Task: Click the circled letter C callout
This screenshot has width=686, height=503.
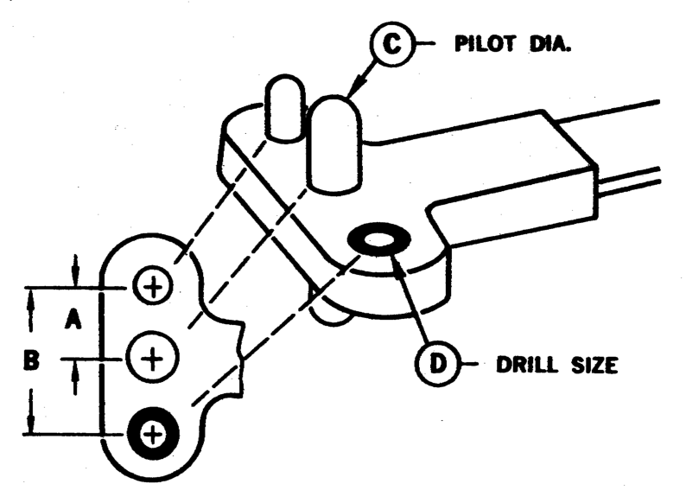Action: click(x=391, y=44)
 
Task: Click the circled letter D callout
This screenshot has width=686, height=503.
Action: click(x=437, y=364)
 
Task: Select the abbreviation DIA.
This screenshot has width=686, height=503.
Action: click(x=550, y=44)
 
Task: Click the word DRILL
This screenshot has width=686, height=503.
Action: click(x=528, y=365)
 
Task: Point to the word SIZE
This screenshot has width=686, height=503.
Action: click(x=594, y=365)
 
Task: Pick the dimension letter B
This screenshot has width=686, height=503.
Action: click(x=31, y=360)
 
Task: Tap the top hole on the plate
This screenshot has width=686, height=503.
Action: click(x=153, y=287)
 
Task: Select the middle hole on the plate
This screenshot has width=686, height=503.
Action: click(x=152, y=359)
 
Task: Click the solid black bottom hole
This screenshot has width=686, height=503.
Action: click(x=153, y=434)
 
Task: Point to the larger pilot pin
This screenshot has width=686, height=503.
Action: click(x=334, y=144)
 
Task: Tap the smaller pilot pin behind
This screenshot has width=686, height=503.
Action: click(x=285, y=108)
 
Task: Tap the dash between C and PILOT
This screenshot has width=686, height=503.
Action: click(x=424, y=43)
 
